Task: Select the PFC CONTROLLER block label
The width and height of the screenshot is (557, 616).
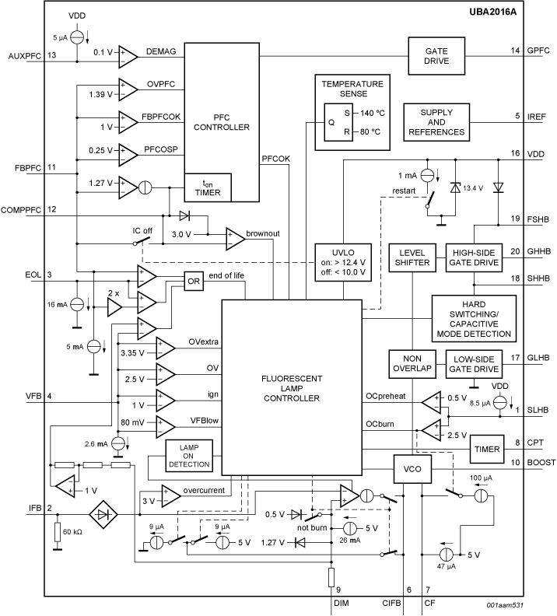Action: pyautogui.click(x=222, y=121)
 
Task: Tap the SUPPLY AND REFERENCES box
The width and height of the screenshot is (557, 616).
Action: pyautogui.click(x=436, y=122)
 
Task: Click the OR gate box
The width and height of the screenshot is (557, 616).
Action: pyautogui.click(x=194, y=281)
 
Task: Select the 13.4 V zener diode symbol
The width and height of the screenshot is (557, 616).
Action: pyautogui.click(x=456, y=188)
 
